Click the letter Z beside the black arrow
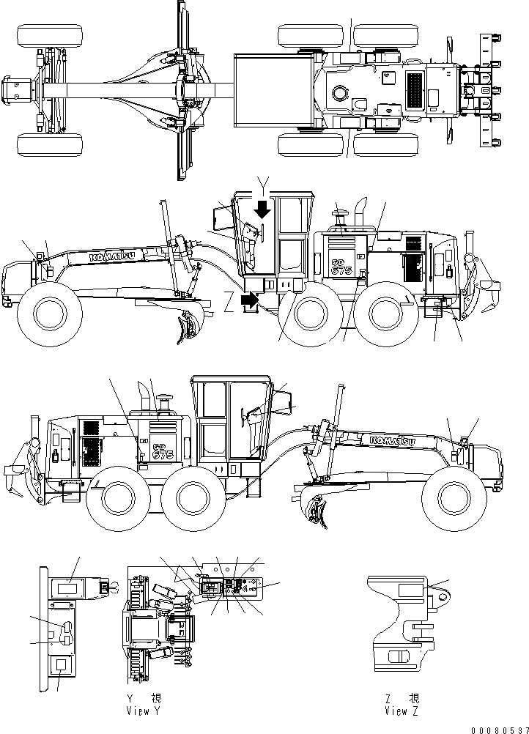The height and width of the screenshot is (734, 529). (230, 300)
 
